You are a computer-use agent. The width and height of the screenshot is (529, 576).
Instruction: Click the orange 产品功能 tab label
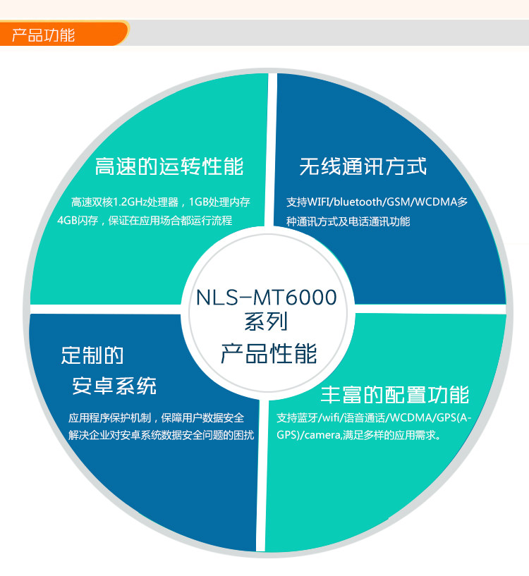44,35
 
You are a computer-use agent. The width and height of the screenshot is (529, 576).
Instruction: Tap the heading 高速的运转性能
169,167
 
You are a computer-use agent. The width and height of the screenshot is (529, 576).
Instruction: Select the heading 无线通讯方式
363,167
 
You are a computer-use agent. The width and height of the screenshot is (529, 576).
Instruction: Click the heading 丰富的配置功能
395,393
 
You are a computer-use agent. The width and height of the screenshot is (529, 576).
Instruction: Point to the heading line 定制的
92,355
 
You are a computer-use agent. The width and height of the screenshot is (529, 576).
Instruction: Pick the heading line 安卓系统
115,386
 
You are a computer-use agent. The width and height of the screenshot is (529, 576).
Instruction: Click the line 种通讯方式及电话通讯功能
348,221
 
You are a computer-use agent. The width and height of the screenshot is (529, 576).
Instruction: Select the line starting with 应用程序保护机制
157,417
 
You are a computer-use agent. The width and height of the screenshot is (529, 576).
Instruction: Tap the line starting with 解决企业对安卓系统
161,435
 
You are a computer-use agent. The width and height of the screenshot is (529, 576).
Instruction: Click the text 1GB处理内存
220,202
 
